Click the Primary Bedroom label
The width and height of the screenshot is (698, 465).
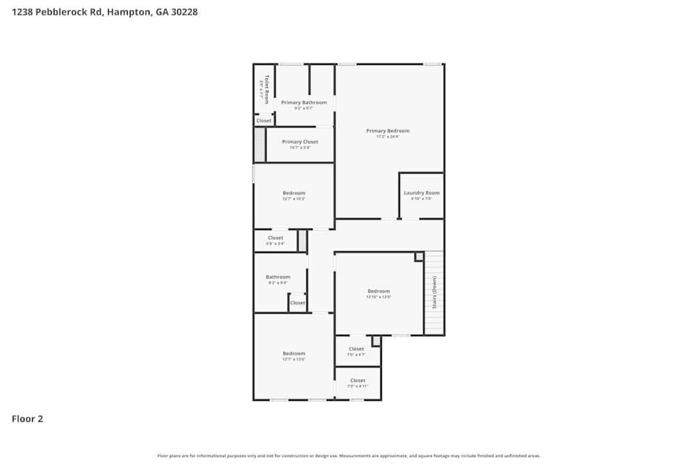point(388,130)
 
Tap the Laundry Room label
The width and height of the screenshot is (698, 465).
point(422,193)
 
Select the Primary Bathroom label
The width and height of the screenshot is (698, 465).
point(304,102)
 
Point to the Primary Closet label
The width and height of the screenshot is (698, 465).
point(300,142)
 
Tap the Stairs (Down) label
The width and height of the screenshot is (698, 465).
point(434,293)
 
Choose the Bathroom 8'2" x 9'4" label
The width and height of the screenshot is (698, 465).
point(278,277)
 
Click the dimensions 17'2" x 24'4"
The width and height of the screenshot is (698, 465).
point(388,137)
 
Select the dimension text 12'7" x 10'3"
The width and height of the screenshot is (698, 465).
point(294,199)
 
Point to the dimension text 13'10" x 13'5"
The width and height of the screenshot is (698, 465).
point(379,297)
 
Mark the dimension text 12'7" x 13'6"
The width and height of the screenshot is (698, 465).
point(294,359)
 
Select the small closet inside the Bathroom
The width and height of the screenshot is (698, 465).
point(297,303)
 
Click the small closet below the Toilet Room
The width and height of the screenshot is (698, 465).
point(264,121)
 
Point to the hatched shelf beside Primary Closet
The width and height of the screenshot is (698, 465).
point(259,144)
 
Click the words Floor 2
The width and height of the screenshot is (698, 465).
point(27,419)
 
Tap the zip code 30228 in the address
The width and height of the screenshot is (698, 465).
point(184,12)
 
